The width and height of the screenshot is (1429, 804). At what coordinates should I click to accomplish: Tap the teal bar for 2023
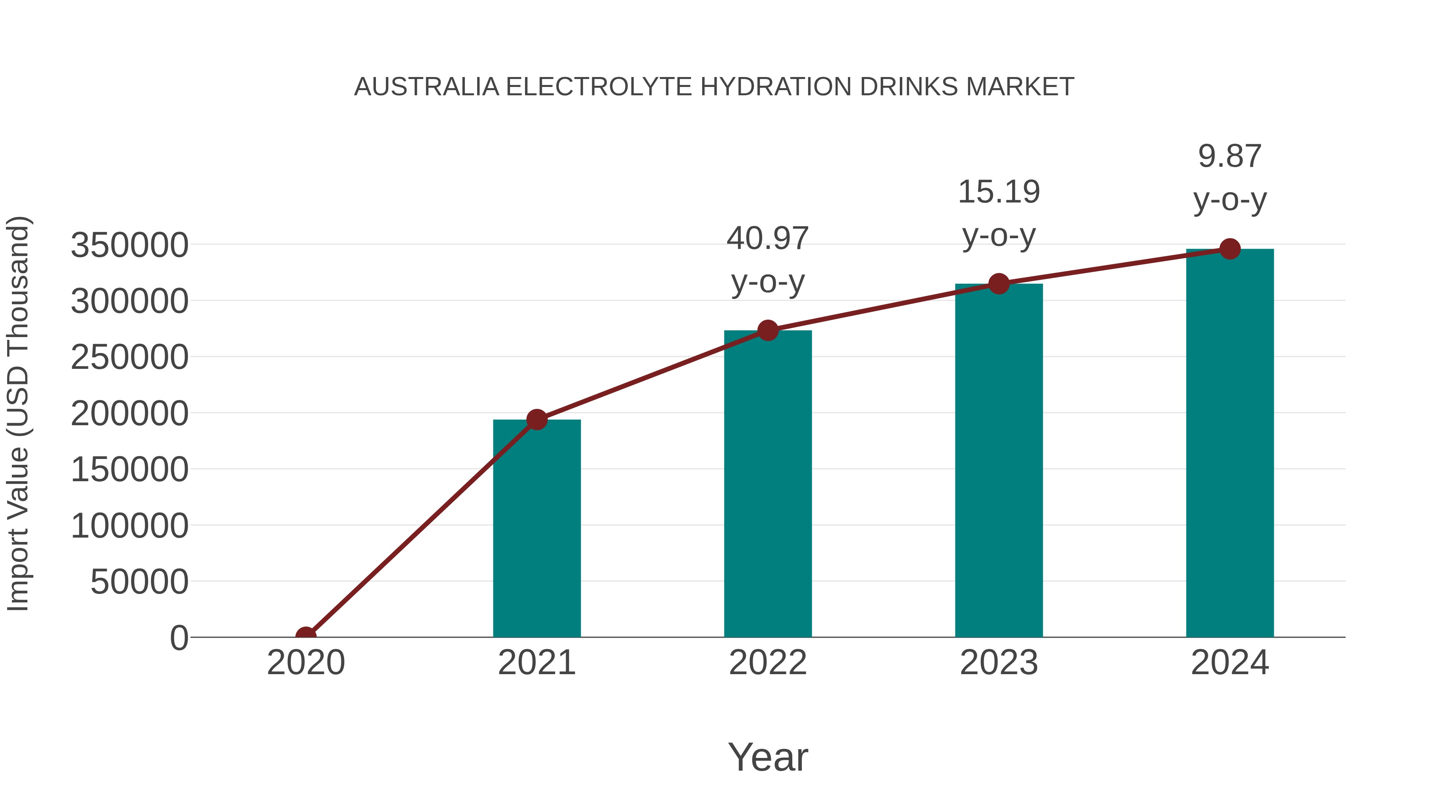999,461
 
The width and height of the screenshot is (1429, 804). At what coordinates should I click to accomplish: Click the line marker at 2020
306,636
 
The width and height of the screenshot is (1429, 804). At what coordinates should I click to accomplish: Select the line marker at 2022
768,331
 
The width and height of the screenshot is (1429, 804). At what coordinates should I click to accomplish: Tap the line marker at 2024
1230,249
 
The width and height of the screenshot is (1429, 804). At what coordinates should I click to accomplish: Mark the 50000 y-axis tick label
139,582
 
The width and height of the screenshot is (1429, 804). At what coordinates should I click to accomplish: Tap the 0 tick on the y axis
179,638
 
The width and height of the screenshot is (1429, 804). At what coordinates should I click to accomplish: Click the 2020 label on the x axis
306,663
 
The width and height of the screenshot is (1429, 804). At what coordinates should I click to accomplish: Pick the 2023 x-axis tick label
999,663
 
